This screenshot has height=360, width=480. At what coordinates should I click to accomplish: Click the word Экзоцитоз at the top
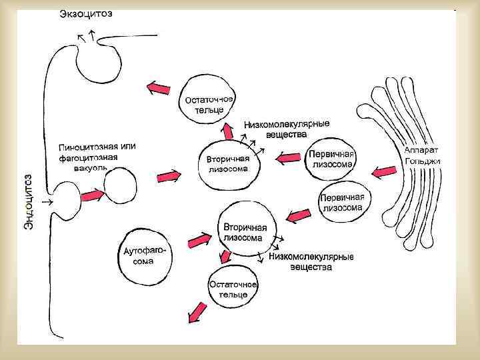tap(86, 14)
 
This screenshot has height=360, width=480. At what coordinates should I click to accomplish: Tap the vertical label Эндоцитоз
tap(29, 203)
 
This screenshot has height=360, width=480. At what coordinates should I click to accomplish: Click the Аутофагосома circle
tap(144, 257)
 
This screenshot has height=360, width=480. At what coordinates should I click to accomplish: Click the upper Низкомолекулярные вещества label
tap(287, 129)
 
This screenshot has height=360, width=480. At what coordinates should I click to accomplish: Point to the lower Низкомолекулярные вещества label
tap(311, 262)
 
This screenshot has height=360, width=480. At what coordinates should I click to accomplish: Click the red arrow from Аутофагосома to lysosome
tap(199, 238)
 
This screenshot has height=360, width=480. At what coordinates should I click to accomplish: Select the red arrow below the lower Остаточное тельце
tap(197, 312)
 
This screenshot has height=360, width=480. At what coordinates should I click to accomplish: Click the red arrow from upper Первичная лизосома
tap(289, 158)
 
